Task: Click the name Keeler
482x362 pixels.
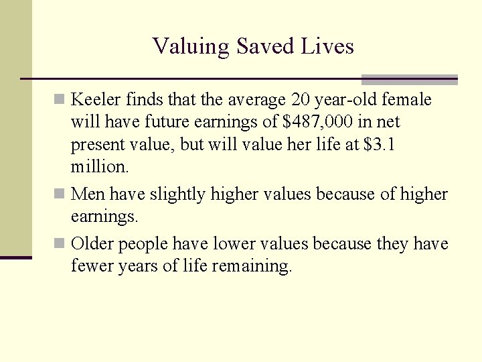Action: pos(94,101)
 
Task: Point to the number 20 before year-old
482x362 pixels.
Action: pos(301,101)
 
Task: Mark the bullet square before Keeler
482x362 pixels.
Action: pos(60,101)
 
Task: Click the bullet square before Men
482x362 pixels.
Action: pos(60,194)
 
